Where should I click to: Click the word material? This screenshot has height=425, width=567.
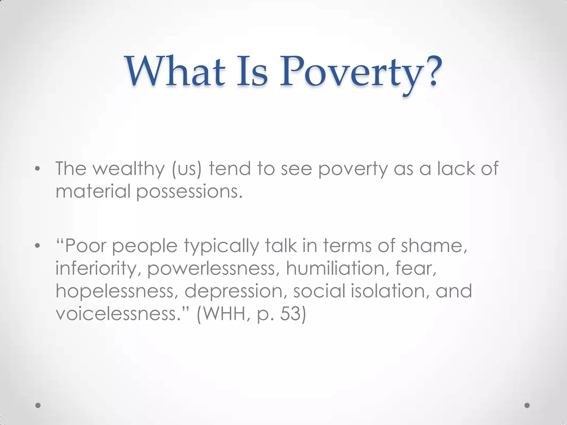(x=93, y=191)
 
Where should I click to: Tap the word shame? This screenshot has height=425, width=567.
(x=434, y=246)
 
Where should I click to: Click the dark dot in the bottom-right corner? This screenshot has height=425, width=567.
(x=527, y=405)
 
